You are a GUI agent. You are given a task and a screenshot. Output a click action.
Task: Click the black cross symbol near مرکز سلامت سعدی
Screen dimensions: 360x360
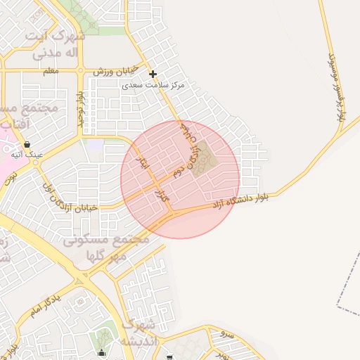(x=153, y=74)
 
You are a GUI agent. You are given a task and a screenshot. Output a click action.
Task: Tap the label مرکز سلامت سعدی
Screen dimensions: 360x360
(x=153, y=84)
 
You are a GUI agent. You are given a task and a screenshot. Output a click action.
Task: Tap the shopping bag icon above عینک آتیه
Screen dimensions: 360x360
(x=26, y=144)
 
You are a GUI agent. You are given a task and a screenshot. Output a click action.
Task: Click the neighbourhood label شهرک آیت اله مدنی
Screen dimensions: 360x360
(x=55, y=44)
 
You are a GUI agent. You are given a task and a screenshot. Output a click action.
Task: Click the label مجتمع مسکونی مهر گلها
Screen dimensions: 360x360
(x=105, y=247)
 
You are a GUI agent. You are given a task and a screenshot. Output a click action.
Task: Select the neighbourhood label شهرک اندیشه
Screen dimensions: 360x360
(x=137, y=333)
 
